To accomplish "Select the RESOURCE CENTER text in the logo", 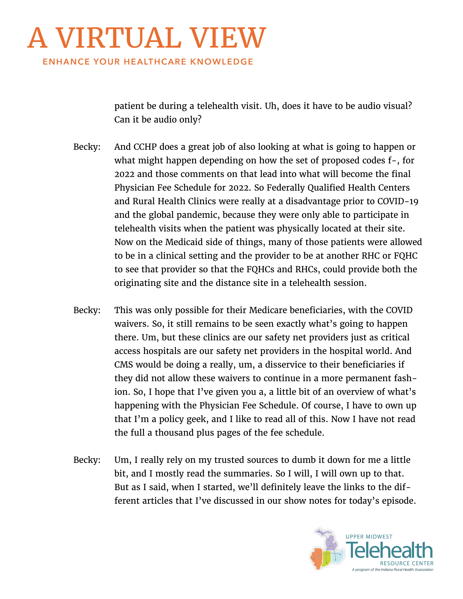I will tap(407, 563).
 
